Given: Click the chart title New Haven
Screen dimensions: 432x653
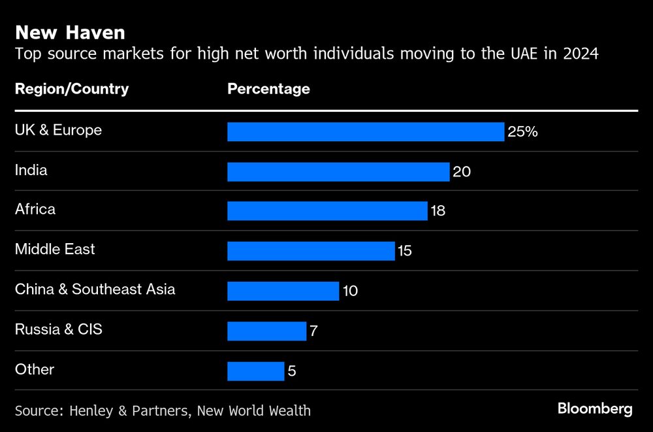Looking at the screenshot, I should pos(70,32).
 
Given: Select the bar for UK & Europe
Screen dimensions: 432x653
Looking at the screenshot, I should pos(366,131).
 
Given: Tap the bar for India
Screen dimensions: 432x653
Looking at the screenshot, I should pos(338,172).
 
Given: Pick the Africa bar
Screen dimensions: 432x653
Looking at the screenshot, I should pos(327,211).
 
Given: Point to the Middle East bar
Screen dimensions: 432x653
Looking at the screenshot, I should pos(311,251).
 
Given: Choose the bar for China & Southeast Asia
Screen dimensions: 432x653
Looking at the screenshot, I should pos(283,291).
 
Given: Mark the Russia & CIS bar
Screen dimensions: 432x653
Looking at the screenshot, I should pos(266,331).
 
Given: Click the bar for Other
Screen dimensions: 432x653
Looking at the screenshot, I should pos(255,371).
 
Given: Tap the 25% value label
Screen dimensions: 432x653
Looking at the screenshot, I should pos(522,132).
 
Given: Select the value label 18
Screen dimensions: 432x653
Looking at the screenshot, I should pos(438,211).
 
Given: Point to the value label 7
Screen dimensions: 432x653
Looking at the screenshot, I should pos(313,331).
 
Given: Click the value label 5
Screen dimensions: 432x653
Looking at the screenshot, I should pos(291,372).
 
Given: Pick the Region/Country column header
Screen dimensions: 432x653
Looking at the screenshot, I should pos(72,89).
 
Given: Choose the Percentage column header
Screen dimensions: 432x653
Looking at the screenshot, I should pos(268,89).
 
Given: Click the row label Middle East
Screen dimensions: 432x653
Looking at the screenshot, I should pos(55,249).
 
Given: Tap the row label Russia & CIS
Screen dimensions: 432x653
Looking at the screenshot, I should pos(59,329).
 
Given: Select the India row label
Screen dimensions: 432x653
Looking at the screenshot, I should pos(31,171).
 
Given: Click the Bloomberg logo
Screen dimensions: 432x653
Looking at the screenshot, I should pos(595,409).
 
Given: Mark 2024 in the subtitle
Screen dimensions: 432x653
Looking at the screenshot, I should pos(580,54).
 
